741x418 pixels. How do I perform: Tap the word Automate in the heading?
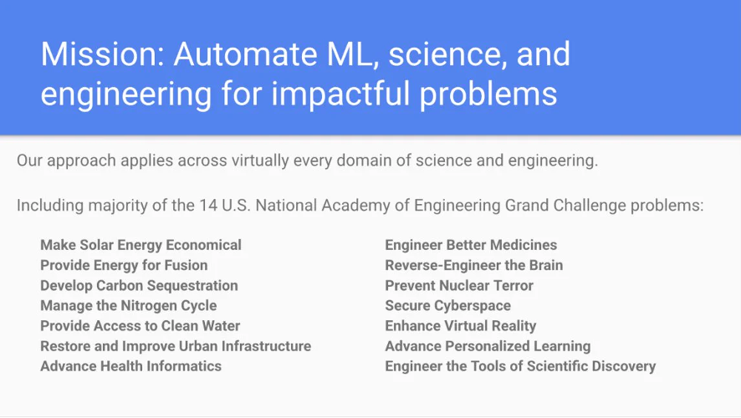[246, 54]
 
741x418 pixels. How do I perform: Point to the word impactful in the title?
[340, 93]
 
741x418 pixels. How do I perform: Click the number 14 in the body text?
[208, 206]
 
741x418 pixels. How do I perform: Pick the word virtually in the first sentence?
[260, 161]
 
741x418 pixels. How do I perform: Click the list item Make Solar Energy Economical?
[141, 245]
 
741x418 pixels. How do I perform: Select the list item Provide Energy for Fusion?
[124, 266]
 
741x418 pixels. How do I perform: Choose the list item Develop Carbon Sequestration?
[139, 286]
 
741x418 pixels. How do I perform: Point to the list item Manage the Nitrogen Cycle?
[129, 306]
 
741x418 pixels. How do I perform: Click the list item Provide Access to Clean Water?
[141, 326]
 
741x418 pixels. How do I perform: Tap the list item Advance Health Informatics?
[131, 366]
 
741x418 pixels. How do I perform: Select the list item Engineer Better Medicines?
[471, 245]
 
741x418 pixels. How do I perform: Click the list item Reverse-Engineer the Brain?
[474, 266]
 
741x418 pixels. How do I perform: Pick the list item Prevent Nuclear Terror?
[459, 286]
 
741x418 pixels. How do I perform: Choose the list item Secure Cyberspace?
[448, 306]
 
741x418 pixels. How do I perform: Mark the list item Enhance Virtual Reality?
[461, 326]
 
